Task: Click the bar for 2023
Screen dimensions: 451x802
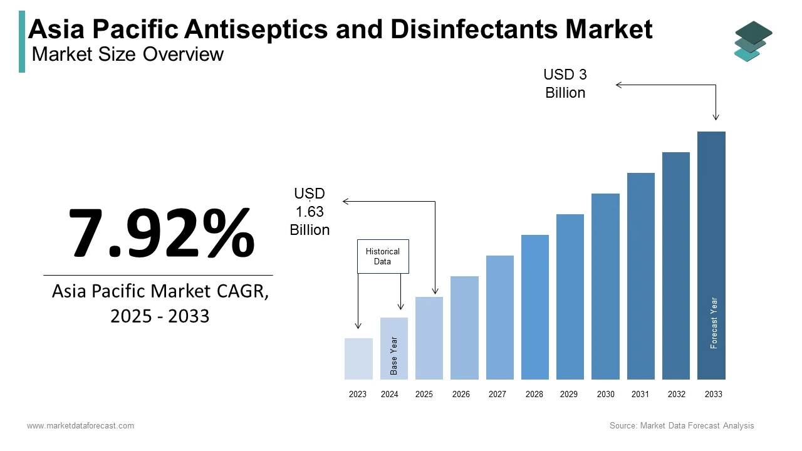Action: tap(358, 359)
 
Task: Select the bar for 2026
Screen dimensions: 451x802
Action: tap(464, 328)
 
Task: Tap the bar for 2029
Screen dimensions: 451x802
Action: tap(570, 297)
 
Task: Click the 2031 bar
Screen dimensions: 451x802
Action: tap(640, 276)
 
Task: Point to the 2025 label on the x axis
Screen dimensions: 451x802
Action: tap(424, 395)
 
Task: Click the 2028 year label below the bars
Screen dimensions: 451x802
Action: tap(534, 395)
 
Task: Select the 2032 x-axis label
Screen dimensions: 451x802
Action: tap(677, 395)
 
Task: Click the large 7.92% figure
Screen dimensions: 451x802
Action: tap(161, 232)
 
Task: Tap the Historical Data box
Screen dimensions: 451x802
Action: tap(383, 256)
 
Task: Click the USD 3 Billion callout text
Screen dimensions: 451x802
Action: tap(565, 84)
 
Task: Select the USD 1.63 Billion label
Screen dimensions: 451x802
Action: tap(310, 212)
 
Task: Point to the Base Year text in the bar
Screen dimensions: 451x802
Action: tap(394, 356)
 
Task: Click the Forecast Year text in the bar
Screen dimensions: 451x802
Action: tap(714, 323)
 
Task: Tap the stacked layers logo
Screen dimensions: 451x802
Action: tap(753, 41)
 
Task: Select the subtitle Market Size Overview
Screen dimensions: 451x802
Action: tap(127, 54)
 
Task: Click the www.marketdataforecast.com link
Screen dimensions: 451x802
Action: tap(80, 426)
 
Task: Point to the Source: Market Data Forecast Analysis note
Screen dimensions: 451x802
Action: tap(682, 426)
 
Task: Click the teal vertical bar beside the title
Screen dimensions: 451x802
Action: tap(22, 41)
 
